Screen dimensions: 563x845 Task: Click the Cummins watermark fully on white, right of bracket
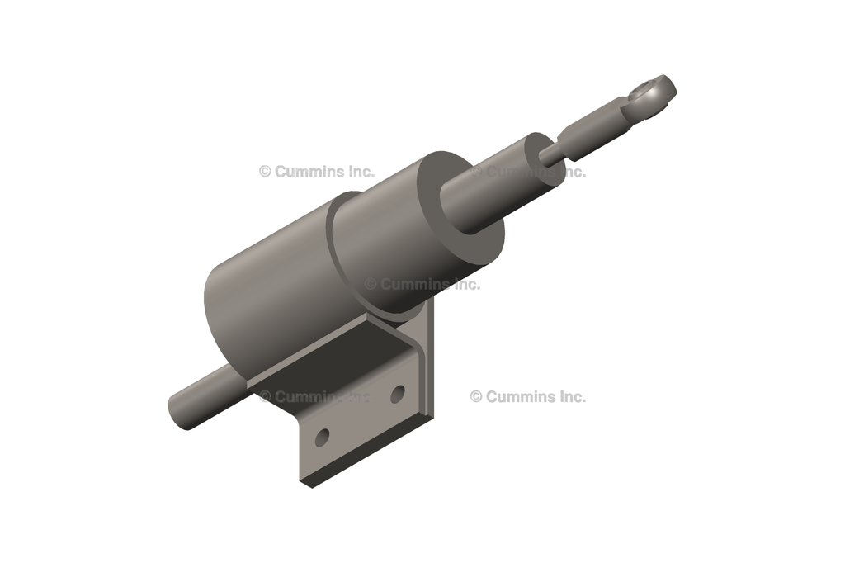tap(528, 396)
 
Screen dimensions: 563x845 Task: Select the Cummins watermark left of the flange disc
tap(317, 172)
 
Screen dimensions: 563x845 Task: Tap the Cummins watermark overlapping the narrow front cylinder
tap(528, 172)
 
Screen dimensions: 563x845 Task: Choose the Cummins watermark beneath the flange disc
tap(422, 284)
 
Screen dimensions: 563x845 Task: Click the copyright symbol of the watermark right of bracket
tap(476, 396)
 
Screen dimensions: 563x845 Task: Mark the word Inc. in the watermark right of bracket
tap(570, 396)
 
